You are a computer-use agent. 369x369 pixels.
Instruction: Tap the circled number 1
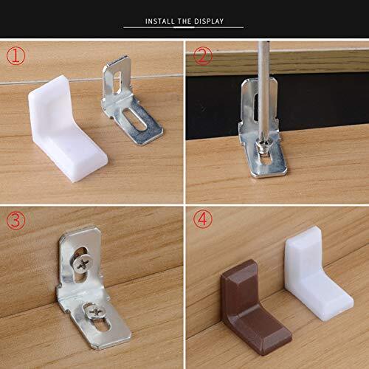16,56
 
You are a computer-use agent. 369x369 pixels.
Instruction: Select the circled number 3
16,220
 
